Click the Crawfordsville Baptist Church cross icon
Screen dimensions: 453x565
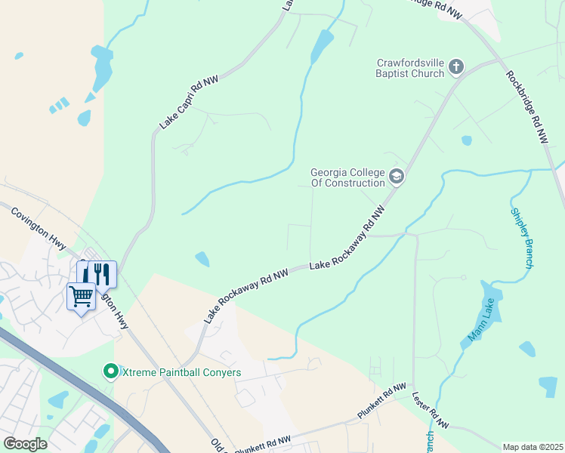click(455, 67)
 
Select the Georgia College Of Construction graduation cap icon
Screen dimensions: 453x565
click(397, 177)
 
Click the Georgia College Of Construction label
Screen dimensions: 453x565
click(348, 177)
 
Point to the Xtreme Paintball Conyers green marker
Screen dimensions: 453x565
click(111, 371)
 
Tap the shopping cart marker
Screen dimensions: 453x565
click(80, 295)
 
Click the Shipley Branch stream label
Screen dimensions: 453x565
click(523, 238)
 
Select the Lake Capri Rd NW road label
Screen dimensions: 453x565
click(184, 103)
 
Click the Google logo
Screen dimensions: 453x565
click(25, 444)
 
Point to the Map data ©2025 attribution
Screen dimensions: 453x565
click(533, 447)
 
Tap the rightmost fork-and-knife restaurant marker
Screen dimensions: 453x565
click(102, 273)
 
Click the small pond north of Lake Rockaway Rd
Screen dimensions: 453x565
click(202, 259)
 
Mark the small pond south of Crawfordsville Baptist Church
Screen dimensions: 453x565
click(467, 140)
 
